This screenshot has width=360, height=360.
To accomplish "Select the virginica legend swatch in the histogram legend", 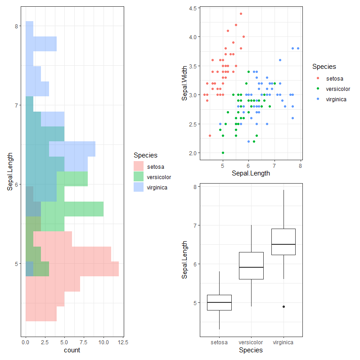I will click(139, 188).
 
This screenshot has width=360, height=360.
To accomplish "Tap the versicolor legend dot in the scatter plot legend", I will click(318, 89).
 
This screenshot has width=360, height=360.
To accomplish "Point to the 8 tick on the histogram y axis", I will click(17, 26).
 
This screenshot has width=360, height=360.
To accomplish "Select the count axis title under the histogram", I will click(72, 350).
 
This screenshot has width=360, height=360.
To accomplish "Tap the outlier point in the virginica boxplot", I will click(283, 306).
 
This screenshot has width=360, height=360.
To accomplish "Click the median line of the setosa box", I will click(219, 302).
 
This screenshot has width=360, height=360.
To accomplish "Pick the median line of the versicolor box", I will click(251, 267).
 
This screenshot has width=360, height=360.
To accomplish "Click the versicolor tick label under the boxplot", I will click(251, 342).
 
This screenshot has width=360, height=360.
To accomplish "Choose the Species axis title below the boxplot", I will click(251, 350).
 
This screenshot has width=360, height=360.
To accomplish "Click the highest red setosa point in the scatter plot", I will click(241, 14).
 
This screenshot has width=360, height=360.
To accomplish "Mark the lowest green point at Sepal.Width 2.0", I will click(223, 153).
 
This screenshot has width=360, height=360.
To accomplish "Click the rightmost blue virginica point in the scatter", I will click(298, 48).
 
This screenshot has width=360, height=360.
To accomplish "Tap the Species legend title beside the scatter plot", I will click(324, 67).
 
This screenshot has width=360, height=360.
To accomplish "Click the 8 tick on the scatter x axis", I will click(300, 166).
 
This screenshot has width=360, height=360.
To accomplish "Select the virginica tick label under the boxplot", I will click(283, 342).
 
